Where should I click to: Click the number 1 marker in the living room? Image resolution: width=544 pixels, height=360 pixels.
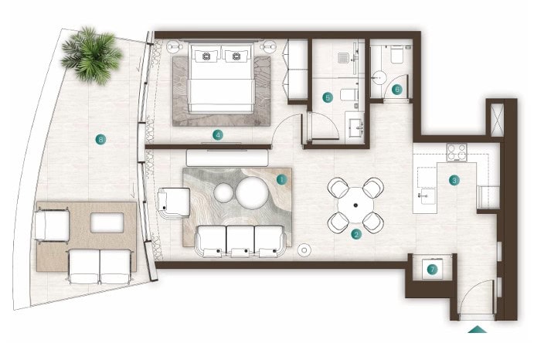point(281,180)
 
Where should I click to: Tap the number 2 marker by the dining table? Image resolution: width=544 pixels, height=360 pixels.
point(356,235)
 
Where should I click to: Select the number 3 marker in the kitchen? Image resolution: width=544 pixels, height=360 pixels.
point(454,180)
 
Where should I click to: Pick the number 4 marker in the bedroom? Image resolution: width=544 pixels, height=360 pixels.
point(218,135)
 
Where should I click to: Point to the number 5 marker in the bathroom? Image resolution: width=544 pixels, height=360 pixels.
point(328,97)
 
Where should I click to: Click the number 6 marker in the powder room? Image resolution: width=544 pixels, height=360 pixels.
point(397,90)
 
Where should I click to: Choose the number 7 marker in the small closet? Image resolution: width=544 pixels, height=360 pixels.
point(432,269)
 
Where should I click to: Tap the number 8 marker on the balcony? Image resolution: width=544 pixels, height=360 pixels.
point(100,140)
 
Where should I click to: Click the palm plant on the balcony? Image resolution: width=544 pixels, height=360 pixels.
point(92,56)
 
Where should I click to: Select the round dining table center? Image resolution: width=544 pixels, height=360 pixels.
point(355,205)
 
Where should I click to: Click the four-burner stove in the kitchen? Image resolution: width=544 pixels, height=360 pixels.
point(457,152)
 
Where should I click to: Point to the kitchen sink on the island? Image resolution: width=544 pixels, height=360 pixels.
point(426,196)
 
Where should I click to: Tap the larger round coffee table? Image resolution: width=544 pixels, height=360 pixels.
point(253,193)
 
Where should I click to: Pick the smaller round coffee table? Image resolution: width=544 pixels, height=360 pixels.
point(223,193)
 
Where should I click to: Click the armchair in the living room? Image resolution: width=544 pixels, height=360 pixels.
point(173,203)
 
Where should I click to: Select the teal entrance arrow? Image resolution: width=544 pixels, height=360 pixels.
point(478,329)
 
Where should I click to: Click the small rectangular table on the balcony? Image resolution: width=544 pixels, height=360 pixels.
point(107,222)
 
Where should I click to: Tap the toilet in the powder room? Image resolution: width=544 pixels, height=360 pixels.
point(397,54)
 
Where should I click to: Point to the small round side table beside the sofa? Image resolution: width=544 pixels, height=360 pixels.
point(304,250)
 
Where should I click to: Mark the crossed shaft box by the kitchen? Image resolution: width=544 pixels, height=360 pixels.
point(497,118)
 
